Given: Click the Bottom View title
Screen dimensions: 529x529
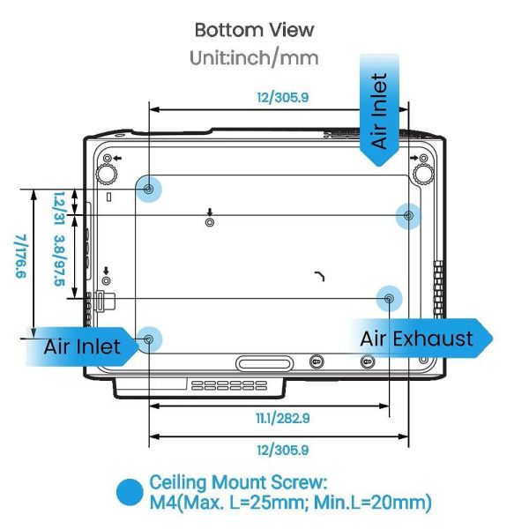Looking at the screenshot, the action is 255,30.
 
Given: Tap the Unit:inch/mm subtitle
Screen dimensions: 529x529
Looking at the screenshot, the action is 254,57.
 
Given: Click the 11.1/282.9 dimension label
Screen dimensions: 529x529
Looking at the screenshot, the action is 283,419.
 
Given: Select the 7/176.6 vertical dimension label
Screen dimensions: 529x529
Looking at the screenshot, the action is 21,256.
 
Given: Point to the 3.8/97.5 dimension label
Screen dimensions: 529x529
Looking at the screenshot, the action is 60,260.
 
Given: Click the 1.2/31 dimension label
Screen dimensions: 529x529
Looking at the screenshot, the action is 60,208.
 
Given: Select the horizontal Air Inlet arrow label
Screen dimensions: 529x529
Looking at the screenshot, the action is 82,346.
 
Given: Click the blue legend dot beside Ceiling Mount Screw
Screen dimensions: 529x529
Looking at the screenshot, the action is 130,492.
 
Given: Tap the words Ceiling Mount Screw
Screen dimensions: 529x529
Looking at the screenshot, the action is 238,482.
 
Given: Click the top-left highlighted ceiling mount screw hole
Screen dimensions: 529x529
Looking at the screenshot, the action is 148,189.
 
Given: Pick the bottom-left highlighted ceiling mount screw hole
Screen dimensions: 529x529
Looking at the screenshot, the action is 149,339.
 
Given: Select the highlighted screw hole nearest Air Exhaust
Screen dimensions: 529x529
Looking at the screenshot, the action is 390,299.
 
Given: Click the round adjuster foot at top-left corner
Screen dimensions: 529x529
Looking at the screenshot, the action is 107,174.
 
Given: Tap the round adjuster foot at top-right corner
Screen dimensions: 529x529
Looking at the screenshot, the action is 423,174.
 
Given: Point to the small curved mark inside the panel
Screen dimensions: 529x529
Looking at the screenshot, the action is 321,274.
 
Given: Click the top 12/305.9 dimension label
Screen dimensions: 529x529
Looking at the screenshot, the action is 283,98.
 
